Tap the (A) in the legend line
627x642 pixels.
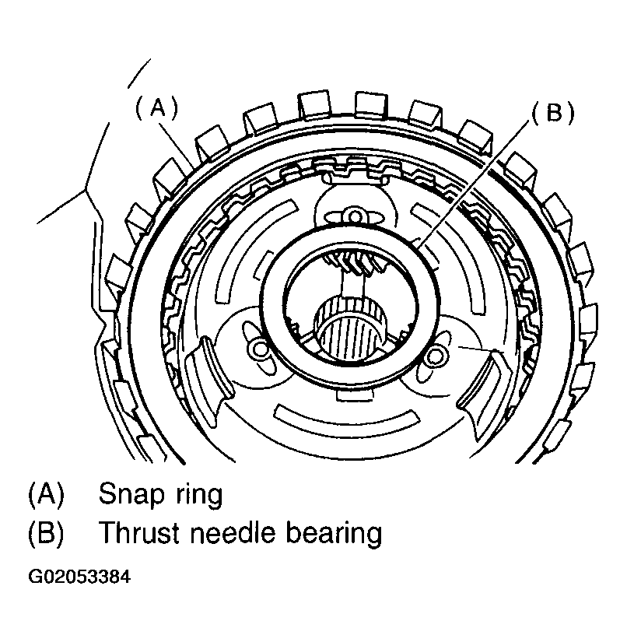(x=46, y=494)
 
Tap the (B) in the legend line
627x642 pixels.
(x=46, y=534)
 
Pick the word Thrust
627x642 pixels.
(x=141, y=534)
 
